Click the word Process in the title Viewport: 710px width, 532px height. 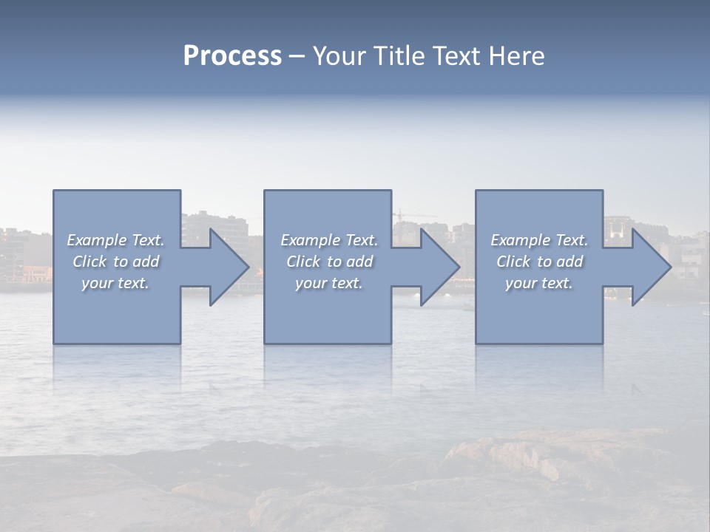[232, 56]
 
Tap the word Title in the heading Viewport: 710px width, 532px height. [399, 56]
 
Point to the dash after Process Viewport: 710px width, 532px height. [296, 56]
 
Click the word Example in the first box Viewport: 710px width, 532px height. [97, 240]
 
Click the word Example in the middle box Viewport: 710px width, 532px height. [311, 240]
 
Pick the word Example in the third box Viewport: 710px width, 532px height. [521, 240]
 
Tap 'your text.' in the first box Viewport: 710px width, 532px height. [115, 283]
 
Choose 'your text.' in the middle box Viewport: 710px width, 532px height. [329, 283]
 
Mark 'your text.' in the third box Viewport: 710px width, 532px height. [539, 283]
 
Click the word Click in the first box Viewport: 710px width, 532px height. [89, 262]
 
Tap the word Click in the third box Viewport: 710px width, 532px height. [513, 262]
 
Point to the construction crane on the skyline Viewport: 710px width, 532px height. [400, 215]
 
